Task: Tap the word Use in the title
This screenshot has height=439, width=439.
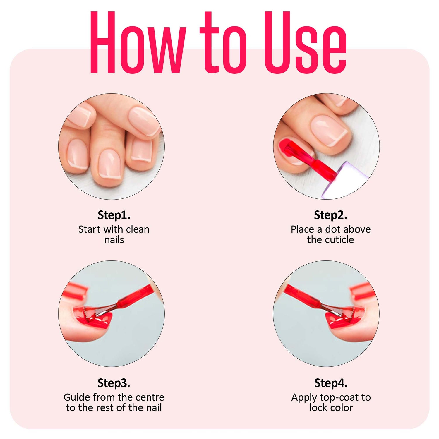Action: click(306, 42)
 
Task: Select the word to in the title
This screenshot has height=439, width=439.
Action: click(223, 42)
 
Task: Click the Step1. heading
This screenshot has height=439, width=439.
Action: click(114, 215)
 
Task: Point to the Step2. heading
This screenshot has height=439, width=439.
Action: click(330, 215)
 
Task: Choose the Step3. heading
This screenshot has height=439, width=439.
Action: click(114, 383)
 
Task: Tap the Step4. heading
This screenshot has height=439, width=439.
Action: click(331, 383)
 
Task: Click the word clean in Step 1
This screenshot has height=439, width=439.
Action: click(138, 229)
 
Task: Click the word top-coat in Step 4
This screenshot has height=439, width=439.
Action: click(339, 397)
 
